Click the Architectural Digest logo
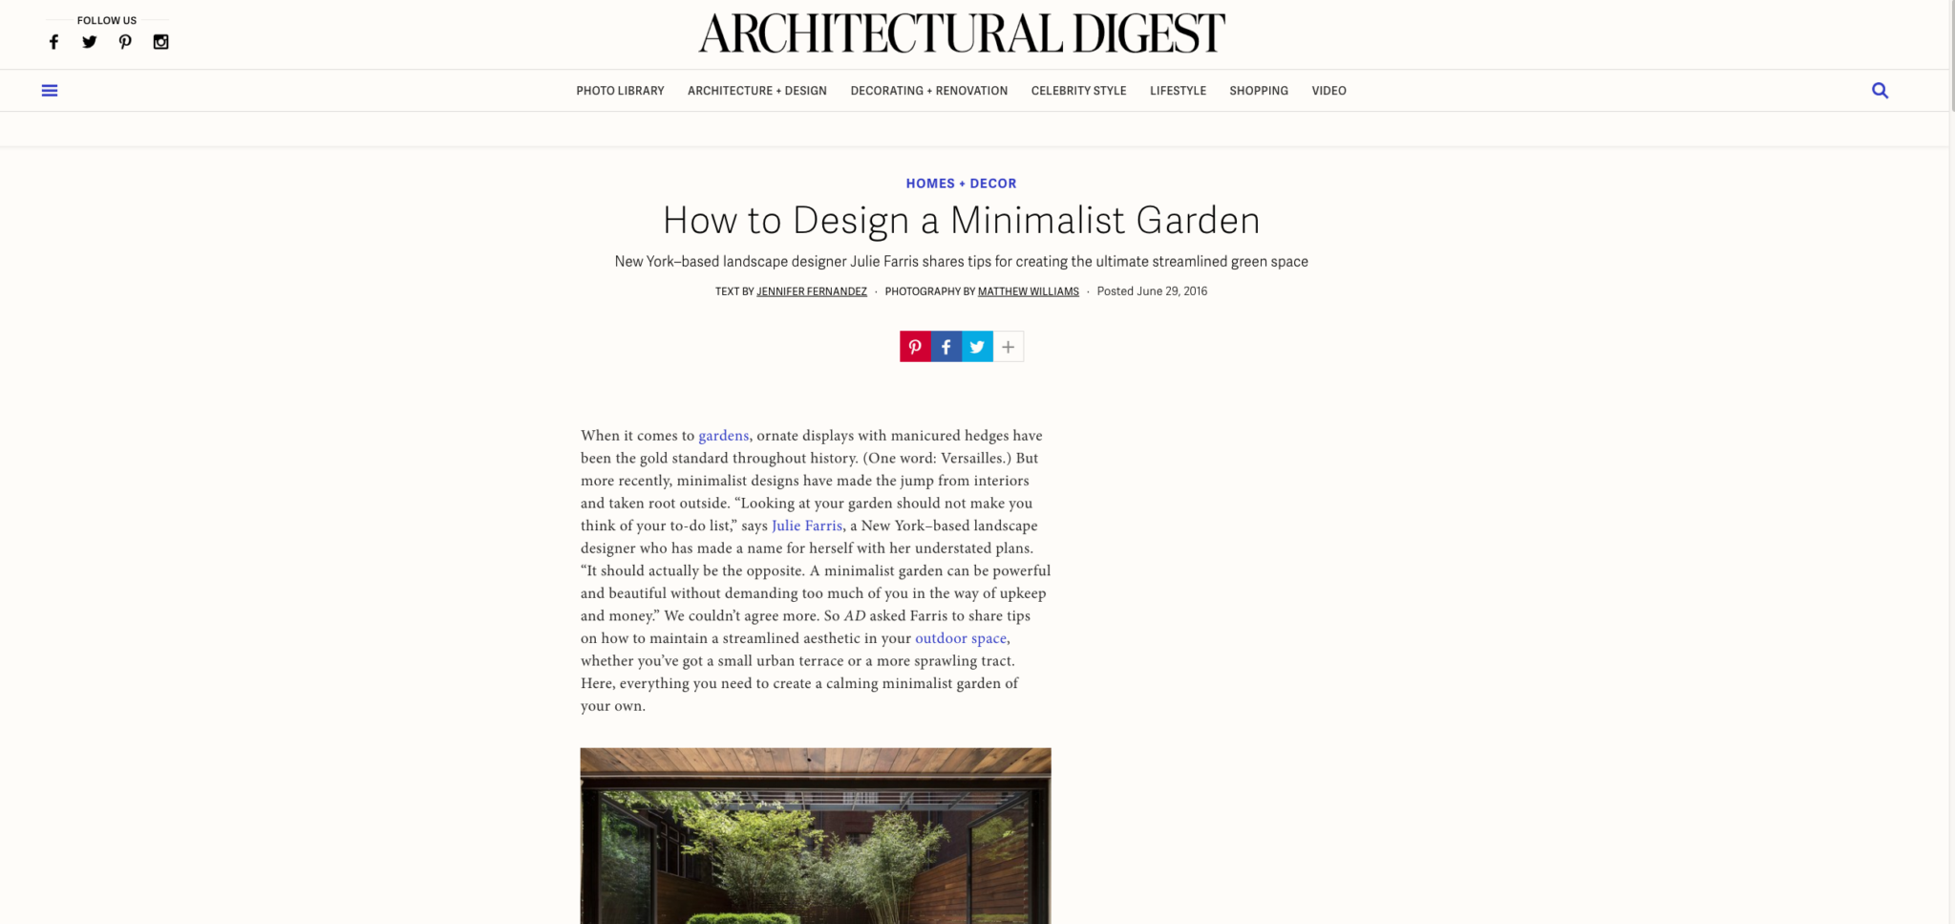tap(961, 33)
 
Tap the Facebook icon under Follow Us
tap(54, 42)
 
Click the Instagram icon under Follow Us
tap(161, 42)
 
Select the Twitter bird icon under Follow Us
tap(90, 42)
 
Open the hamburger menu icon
tap(50, 91)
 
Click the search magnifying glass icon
tap(1880, 91)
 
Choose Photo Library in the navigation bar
tap(620, 91)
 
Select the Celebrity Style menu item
tap(1078, 91)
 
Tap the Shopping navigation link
tap(1258, 91)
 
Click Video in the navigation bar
tap(1328, 91)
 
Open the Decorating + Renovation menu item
tap(928, 91)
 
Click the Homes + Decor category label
tap(961, 183)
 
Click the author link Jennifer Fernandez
tap(812, 291)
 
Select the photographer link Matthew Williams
tap(1028, 291)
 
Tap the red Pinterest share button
tap(915, 347)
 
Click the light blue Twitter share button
tap(977, 347)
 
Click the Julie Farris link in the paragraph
tap(807, 526)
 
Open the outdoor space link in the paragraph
tap(961, 638)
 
